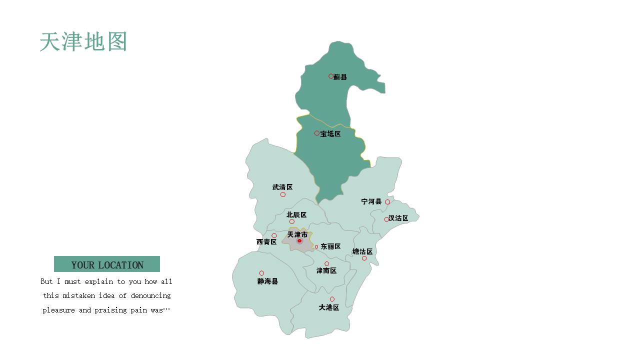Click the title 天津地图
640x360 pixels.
[83, 42]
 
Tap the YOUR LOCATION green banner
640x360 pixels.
[107, 264]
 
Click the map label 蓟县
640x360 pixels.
[340, 77]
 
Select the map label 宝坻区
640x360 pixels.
[330, 134]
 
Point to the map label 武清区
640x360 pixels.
[282, 187]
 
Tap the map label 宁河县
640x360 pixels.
[371, 201]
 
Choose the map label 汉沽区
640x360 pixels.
[398, 218]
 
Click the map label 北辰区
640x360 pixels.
[296, 215]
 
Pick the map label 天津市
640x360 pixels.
[297, 234]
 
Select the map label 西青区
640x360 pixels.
[266, 242]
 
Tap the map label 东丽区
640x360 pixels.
[330, 246]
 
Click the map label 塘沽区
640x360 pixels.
[362, 251]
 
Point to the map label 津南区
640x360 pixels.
[326, 270]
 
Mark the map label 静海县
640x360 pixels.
[267, 281]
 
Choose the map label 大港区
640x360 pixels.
[329, 307]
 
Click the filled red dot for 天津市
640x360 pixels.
[299, 241]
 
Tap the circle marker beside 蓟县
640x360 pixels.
[331, 76]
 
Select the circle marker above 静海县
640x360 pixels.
[261, 273]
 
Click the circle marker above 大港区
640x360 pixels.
[332, 299]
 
